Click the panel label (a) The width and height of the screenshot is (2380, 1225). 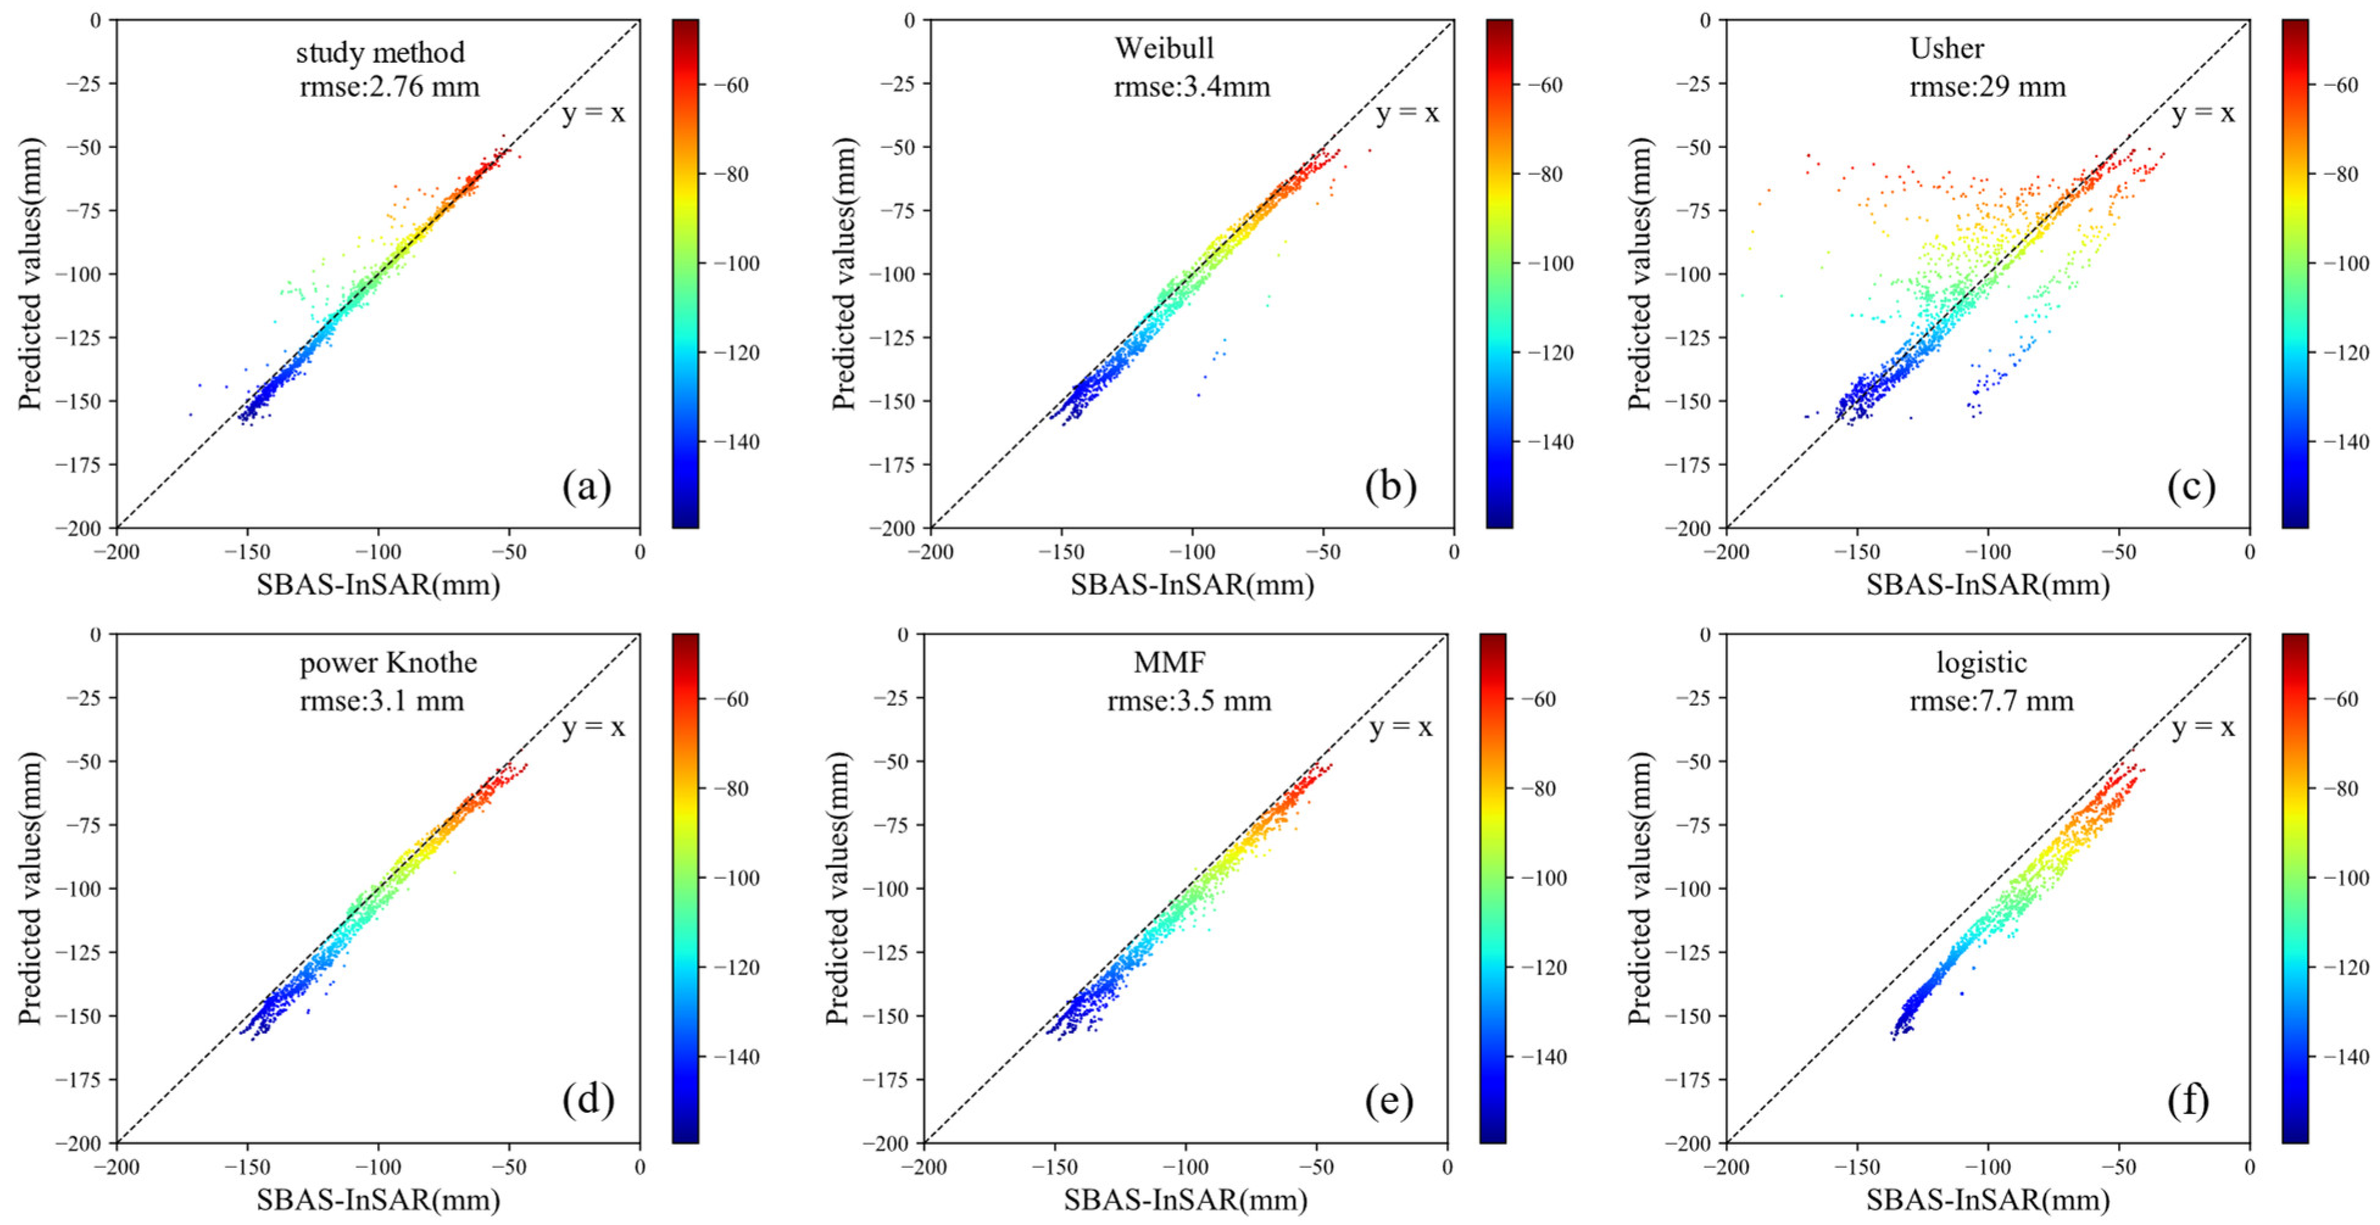pos(587,487)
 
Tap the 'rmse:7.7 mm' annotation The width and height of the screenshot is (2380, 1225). pos(1991,701)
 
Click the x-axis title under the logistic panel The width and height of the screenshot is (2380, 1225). pos(1988,1199)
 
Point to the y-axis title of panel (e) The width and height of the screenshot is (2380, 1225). pos(837,888)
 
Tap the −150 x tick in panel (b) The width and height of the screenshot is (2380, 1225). pos(1061,552)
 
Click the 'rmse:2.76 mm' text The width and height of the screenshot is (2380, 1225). pos(390,87)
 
